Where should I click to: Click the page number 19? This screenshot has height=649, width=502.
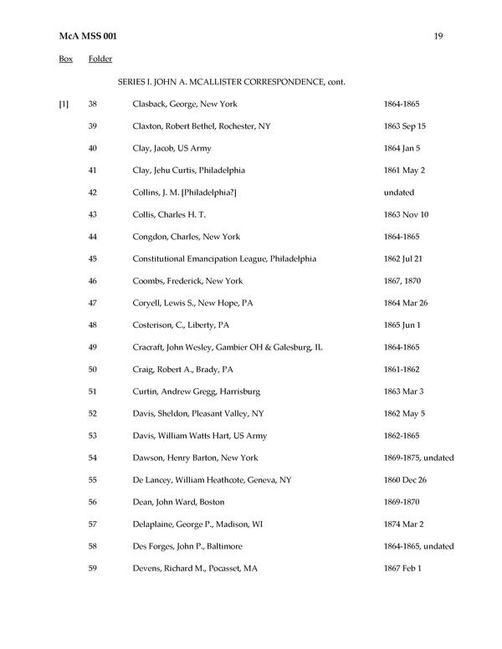click(439, 37)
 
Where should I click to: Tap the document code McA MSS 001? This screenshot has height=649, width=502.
click(89, 37)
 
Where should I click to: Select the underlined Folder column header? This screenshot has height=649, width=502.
click(100, 59)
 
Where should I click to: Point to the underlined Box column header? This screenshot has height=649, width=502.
click(65, 59)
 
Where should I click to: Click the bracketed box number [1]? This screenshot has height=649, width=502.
click(64, 104)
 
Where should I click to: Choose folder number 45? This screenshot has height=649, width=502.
click(93, 258)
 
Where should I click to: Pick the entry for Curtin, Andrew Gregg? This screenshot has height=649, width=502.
click(184, 391)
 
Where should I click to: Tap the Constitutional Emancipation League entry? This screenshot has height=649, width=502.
click(224, 258)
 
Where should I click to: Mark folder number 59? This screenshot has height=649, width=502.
click(93, 569)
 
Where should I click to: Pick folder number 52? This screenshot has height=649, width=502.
click(93, 413)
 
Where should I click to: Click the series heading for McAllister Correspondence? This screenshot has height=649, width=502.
click(232, 82)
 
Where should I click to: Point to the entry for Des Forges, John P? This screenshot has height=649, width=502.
click(187, 546)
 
